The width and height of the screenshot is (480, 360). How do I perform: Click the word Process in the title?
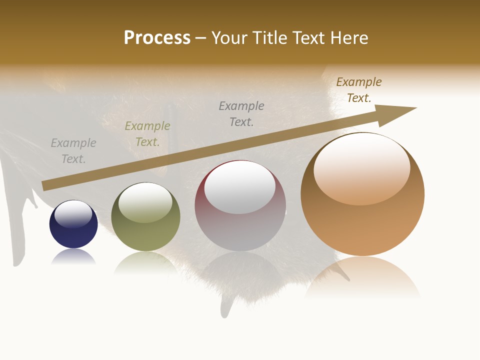pos(157,38)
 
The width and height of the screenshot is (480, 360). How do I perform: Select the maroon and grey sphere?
pos(240,220)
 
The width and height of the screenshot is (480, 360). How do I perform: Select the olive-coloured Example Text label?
pos(147,134)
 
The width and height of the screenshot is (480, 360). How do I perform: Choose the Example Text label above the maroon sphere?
pos(241,113)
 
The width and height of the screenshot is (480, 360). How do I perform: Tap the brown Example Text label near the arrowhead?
pos(359,89)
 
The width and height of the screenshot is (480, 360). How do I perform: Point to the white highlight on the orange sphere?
pos(362,167)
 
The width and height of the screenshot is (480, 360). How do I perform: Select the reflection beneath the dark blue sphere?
pos(73,257)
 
